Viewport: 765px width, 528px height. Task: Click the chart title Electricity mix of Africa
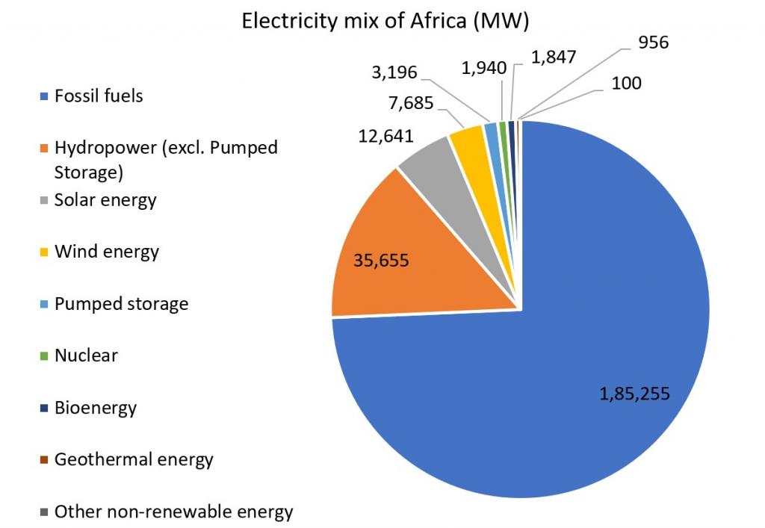point(385,22)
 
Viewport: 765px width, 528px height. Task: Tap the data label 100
point(626,83)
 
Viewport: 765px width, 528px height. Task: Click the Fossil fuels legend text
point(99,96)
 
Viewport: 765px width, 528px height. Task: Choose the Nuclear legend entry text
point(86,355)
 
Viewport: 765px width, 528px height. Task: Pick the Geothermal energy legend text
point(134,459)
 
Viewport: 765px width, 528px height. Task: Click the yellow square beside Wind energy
point(44,252)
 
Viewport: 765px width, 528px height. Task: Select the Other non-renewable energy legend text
point(173,512)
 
